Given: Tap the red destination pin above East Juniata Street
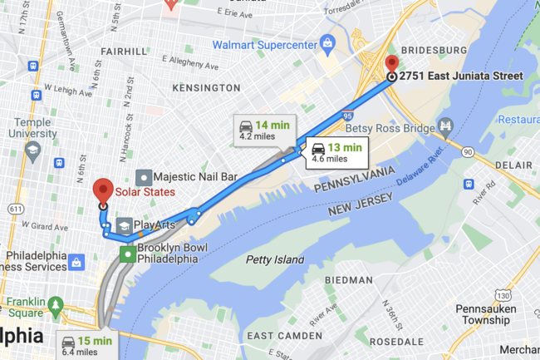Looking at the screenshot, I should click(392, 64).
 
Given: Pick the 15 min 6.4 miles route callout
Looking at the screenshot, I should click(86, 345).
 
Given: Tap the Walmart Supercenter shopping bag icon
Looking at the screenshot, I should click(327, 42).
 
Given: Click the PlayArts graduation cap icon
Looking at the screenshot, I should click(123, 225).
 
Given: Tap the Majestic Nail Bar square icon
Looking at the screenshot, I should click(145, 177).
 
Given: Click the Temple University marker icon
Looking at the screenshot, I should click(33, 150).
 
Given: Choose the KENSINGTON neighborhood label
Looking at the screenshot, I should click(206, 87).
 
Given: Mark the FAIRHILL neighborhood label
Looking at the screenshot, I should click(123, 51).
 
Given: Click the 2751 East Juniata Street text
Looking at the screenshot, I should click(461, 76).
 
